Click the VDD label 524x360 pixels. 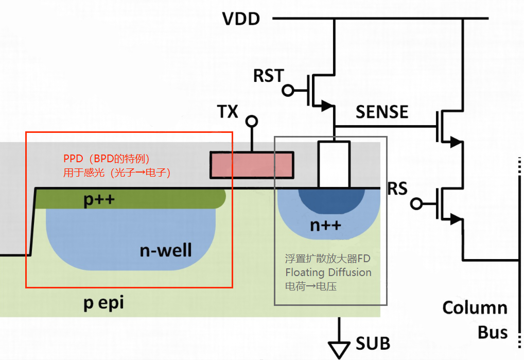pyautogui.click(x=241, y=19)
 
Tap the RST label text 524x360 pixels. pyautogui.click(x=269, y=76)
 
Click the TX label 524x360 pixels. pyautogui.click(x=228, y=111)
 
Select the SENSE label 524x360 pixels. pyautogui.click(x=382, y=112)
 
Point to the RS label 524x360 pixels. pyautogui.click(x=397, y=188)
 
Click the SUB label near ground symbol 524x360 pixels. pyautogui.click(x=373, y=344)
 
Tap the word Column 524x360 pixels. pyautogui.click(x=475, y=307)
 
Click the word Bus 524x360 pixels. pyautogui.click(x=493, y=332)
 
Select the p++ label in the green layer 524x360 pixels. pyautogui.click(x=99, y=199)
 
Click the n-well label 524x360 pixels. pyautogui.click(x=166, y=250)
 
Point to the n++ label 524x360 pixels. pyautogui.click(x=325, y=225)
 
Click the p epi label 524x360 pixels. pyautogui.click(x=103, y=303)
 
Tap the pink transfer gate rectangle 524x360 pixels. pyautogui.click(x=252, y=165)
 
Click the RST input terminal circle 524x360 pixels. pyautogui.click(x=288, y=90)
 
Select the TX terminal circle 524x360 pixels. pyautogui.click(x=252, y=121)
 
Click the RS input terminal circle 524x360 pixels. pyautogui.click(x=416, y=203)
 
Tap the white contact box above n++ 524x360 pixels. pyautogui.click(x=334, y=164)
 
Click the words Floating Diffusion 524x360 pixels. pyautogui.click(x=328, y=272)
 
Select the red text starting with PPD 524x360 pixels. pyautogui.click(x=117, y=165)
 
